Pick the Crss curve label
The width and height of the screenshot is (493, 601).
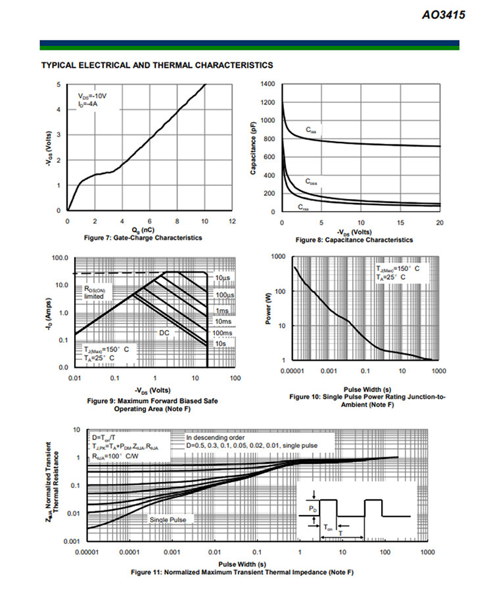coord(304,208)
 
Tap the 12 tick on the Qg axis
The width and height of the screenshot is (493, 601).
coord(232,221)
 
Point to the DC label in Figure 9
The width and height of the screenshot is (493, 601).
coord(164,333)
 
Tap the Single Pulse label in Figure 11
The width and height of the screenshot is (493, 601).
coord(168,520)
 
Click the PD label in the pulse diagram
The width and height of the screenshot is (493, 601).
coord(313,508)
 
